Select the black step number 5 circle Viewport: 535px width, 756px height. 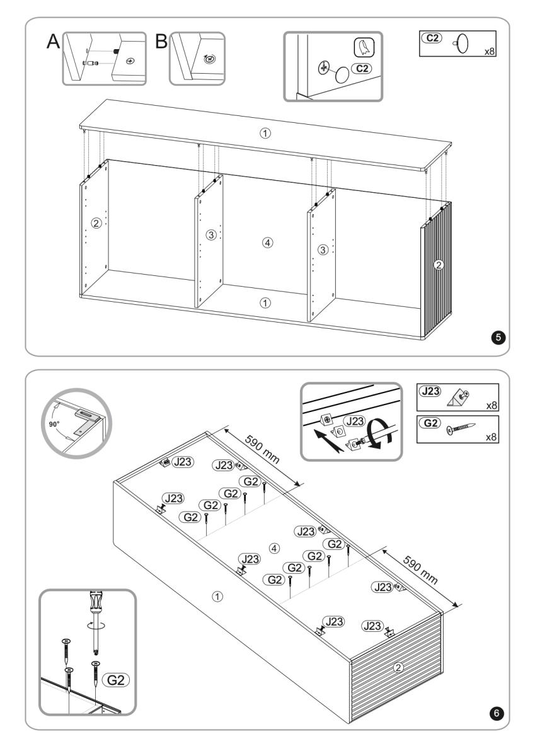tap(499, 338)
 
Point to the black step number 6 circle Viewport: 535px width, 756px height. tap(497, 713)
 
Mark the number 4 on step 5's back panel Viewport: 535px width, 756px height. tap(268, 243)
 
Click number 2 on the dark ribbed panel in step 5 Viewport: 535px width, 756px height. tap(439, 265)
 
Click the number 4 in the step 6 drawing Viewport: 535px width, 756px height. tap(273, 547)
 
